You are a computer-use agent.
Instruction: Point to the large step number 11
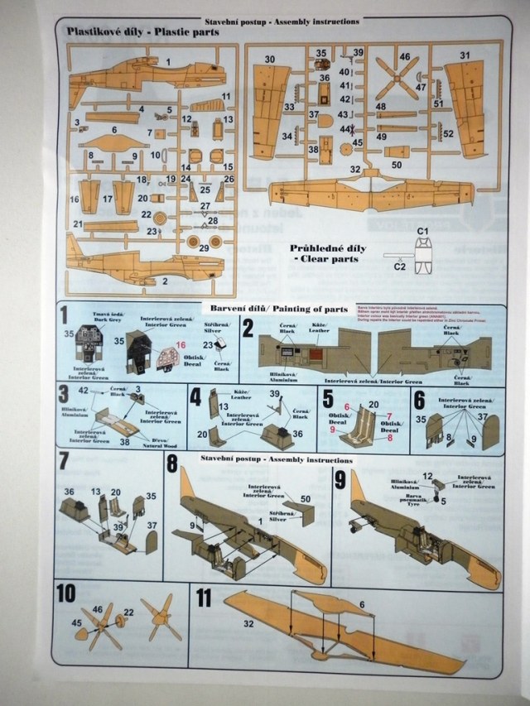tap(205, 598)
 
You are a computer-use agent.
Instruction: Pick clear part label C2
tap(399, 267)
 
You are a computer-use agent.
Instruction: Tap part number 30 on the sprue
tap(270, 59)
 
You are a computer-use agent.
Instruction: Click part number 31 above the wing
tap(465, 55)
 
